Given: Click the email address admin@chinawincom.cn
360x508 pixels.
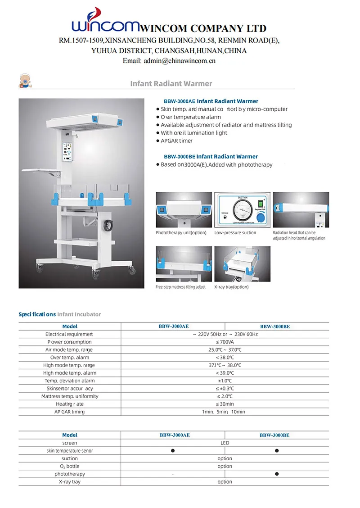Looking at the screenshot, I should pyautogui.click(x=169, y=60).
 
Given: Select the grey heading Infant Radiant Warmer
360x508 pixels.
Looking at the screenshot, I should pyautogui.click(x=171, y=83).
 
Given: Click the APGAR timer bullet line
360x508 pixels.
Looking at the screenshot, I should pyautogui.click(x=176, y=141).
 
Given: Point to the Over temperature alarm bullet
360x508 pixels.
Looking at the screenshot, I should pyautogui.click(x=191, y=117).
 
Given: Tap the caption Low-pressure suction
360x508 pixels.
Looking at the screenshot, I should pyautogui.click(x=235, y=233).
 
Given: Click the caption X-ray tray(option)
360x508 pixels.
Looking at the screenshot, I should pyautogui.click(x=231, y=287).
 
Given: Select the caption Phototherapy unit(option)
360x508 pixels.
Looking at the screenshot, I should pyautogui.click(x=181, y=233).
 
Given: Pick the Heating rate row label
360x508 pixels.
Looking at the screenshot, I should pyautogui.click(x=70, y=404).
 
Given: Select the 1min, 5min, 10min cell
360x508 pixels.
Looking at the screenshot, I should pyautogui.click(x=224, y=412).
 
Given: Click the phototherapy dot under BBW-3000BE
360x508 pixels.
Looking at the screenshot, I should pyautogui.click(x=277, y=474).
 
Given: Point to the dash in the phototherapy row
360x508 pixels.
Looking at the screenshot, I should pyautogui.click(x=172, y=474).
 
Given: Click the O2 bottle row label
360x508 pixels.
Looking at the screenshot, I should pyautogui.click(x=70, y=466).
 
